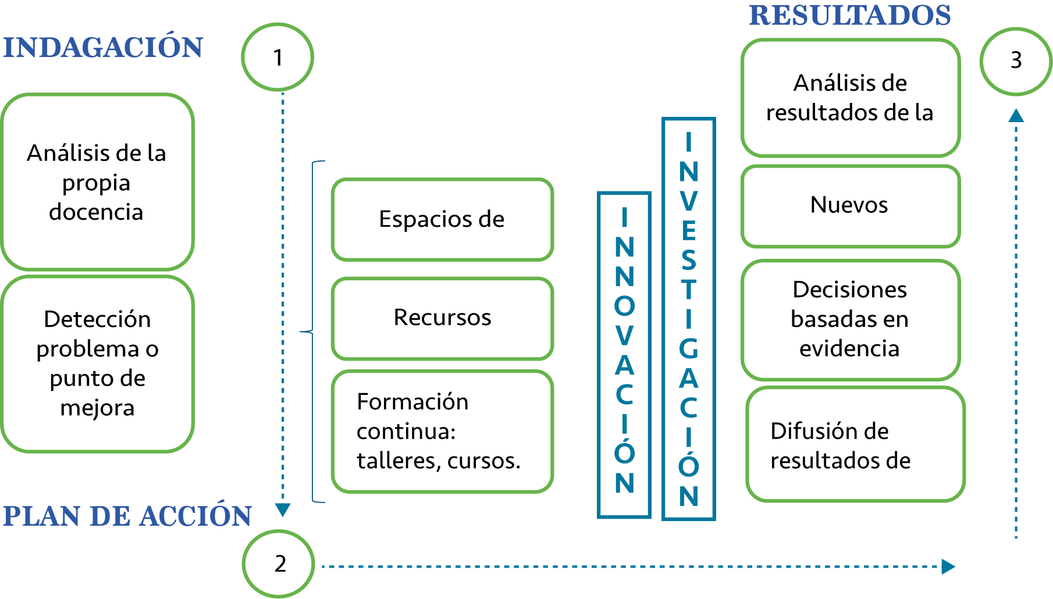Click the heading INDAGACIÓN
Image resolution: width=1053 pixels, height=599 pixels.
[103, 47]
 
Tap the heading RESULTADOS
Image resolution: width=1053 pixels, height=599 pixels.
[849, 15]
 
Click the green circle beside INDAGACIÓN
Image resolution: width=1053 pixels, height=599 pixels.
[278, 57]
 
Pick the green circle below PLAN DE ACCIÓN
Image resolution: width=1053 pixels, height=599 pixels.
[278, 563]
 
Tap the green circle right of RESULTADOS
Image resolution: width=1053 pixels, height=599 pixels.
[1015, 61]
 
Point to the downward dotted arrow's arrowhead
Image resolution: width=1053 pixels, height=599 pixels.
[282, 511]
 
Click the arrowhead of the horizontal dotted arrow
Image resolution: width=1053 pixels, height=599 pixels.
[948, 566]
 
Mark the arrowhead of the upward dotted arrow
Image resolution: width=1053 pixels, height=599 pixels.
[1016, 115]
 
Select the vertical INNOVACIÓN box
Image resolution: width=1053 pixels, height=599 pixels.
[624, 354]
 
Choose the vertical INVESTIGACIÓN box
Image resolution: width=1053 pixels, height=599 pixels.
[689, 318]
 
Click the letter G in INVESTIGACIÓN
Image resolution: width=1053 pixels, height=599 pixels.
[689, 349]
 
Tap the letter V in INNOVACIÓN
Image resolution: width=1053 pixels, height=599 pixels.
[624, 336]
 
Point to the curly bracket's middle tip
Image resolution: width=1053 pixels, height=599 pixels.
[302, 331]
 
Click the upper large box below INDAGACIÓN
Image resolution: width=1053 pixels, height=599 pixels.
[97, 181]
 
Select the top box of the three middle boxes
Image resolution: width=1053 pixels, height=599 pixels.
[442, 219]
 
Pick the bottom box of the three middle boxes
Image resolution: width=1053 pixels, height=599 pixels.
[442, 431]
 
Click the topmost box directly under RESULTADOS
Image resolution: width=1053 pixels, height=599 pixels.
[851, 98]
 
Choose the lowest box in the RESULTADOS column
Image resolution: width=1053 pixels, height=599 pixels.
[855, 444]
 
